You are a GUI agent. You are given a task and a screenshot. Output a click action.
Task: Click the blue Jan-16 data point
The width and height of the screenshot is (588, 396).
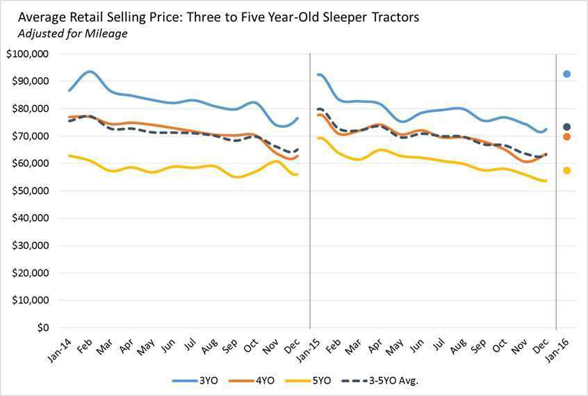(567, 74)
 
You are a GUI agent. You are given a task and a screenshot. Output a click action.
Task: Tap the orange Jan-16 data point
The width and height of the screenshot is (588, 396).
(567, 137)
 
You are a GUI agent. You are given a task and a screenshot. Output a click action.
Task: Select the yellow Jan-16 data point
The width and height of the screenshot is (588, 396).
(567, 170)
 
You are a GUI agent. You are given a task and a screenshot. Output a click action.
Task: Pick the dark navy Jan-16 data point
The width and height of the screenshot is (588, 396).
(567, 127)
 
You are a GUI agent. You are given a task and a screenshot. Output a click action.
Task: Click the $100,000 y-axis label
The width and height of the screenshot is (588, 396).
(28, 54)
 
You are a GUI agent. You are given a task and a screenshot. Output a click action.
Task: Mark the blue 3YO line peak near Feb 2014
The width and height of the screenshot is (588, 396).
(89, 72)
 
